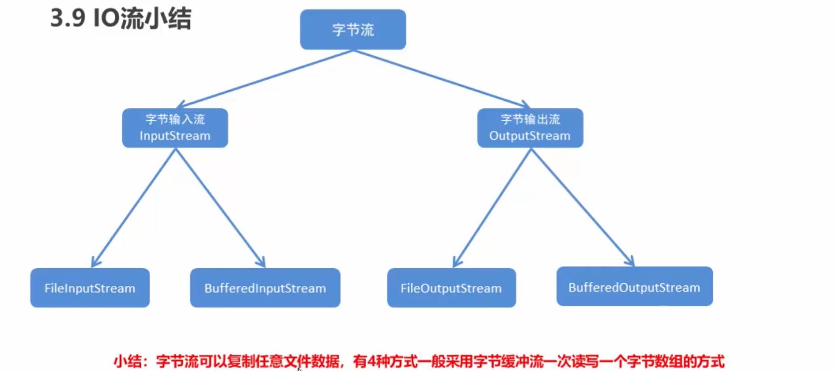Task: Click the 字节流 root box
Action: pyautogui.click(x=353, y=30)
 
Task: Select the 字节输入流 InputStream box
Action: pyautogui.click(x=175, y=128)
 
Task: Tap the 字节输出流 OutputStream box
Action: pyautogui.click(x=530, y=128)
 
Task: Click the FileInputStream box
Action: pyautogui.click(x=90, y=288)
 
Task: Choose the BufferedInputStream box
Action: pyautogui.click(x=265, y=288)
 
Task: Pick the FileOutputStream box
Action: pyautogui.click(x=451, y=288)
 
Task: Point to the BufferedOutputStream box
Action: pyautogui.click(x=634, y=287)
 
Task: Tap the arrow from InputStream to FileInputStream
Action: pyautogui.click(x=134, y=207)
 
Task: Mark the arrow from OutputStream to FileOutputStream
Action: pyautogui.click(x=492, y=207)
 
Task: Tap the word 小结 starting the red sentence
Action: pyautogui.click(x=127, y=361)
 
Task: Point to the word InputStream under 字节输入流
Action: pyautogui.click(x=175, y=136)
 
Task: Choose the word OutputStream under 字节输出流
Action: pyautogui.click(x=530, y=136)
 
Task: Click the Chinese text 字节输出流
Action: pyautogui.click(x=530, y=119)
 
